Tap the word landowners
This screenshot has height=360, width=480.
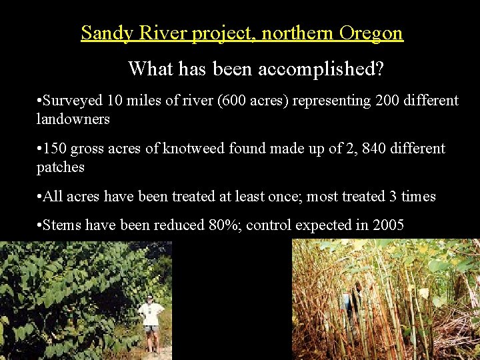point(73,119)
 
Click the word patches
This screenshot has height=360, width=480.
point(61,167)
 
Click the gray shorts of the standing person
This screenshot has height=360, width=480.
point(152,329)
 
